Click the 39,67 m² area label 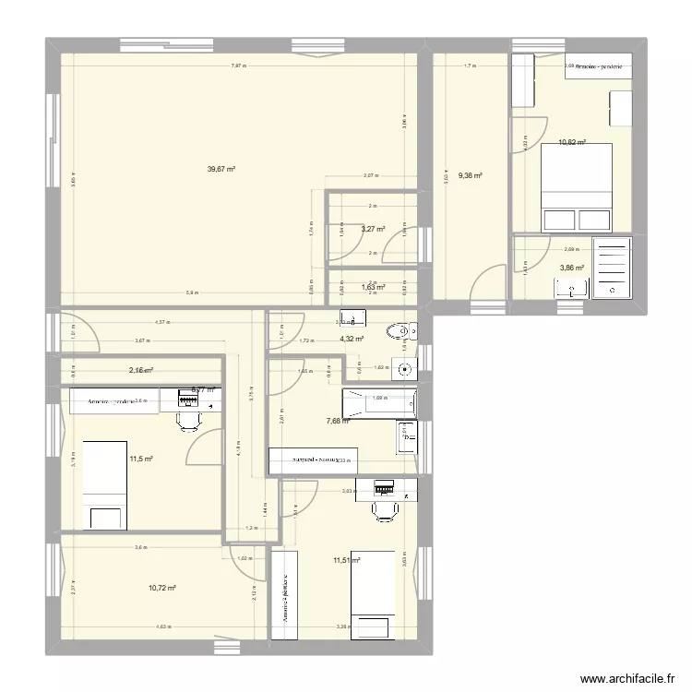[221, 169]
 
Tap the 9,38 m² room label [471, 175]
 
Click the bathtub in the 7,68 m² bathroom [378, 403]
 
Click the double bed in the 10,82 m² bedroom [577, 188]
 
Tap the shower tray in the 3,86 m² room [611, 268]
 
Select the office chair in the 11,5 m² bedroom [188, 419]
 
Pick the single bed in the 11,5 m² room [104, 485]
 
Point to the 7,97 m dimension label [238, 66]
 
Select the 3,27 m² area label [373, 229]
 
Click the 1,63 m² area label [373, 287]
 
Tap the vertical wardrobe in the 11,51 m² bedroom [286, 595]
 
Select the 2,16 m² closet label [140, 370]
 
